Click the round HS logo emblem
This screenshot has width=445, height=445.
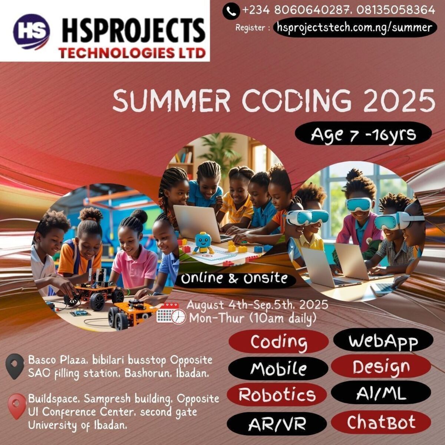tap(32, 32)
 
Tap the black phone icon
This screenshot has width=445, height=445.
tap(231, 11)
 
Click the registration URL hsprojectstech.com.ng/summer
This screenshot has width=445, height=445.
tap(355, 28)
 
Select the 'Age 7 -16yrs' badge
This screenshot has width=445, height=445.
tap(363, 135)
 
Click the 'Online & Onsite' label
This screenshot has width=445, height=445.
tap(234, 279)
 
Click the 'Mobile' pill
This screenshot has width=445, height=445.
tap(278, 369)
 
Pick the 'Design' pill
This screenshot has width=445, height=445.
tap(381, 367)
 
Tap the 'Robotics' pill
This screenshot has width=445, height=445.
tap(277, 394)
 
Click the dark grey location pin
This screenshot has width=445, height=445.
tap(15, 366)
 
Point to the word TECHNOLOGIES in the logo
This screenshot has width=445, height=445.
tap(116, 53)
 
